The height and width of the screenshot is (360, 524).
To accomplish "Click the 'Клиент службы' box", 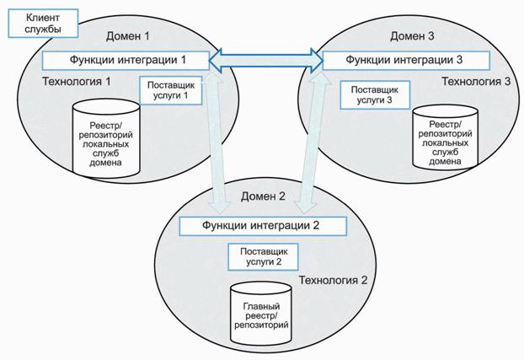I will pos(41,23).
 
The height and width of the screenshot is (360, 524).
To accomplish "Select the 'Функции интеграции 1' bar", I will pos(126,61).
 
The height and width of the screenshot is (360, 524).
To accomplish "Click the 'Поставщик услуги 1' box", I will pos(174,90).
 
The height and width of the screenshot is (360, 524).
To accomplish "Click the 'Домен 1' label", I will pos(127,36).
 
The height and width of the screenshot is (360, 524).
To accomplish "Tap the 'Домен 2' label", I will pos(265,197).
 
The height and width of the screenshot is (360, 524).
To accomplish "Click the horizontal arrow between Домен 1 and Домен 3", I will pos(266,60).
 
